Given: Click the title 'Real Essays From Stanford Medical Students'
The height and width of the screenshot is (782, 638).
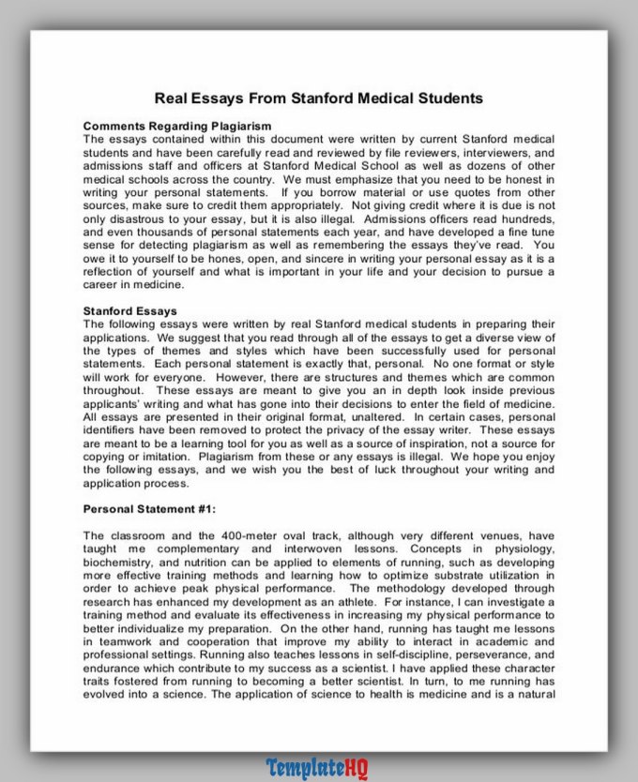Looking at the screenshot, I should coord(319,98).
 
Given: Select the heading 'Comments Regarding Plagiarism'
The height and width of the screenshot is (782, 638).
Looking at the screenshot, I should coord(177,126).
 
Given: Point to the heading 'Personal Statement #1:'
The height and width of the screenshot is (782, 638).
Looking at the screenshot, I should coord(149,509).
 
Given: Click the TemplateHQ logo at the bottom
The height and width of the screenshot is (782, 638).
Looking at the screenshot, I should coord(317,768).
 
